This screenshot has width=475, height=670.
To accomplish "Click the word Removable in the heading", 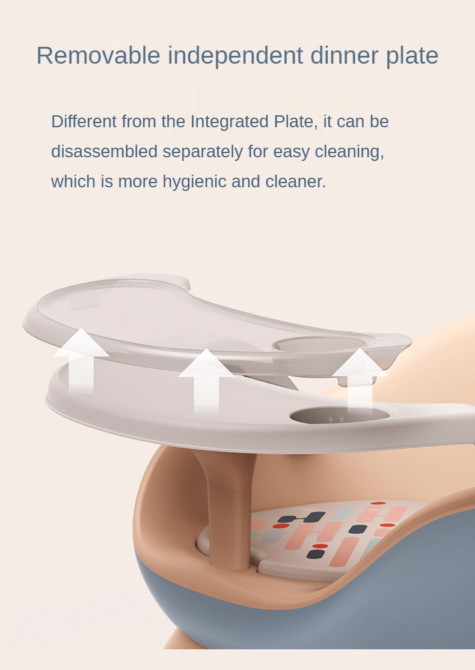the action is [x=99, y=56].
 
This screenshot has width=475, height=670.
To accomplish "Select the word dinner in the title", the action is [x=345, y=56].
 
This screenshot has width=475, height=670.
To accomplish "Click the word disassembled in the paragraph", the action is [x=105, y=151].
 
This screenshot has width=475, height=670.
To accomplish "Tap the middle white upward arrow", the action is [x=206, y=380].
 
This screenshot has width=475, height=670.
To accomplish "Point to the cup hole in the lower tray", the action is [x=340, y=415].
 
